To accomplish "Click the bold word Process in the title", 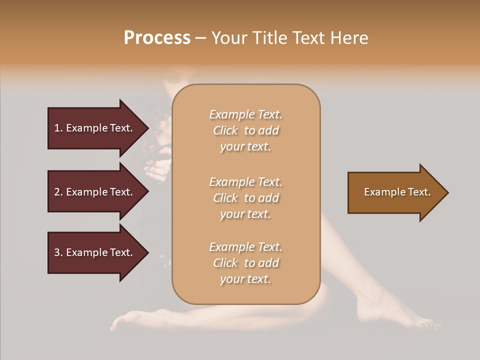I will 157,38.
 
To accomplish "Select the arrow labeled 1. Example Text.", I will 95,128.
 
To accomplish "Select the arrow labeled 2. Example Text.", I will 95,192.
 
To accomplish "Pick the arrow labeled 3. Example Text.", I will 95,252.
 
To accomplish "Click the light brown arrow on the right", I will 395,192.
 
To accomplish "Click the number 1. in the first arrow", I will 58,128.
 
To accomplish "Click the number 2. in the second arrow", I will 58,192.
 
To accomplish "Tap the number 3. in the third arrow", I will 58,252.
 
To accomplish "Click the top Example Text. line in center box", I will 245,114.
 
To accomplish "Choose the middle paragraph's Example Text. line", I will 245,181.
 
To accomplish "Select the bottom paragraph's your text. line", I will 245,279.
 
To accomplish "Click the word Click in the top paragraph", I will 225,130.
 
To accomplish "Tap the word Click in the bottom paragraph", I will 225,263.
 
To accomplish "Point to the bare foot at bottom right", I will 395,310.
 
